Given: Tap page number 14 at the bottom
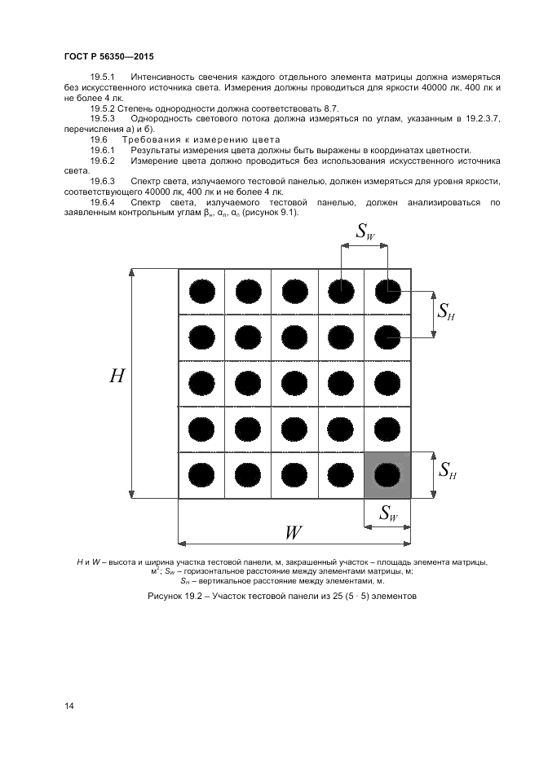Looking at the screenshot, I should click(68, 706).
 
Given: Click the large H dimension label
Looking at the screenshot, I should click(117, 377).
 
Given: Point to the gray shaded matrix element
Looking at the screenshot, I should click(387, 474).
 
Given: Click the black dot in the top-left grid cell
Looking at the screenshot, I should click(201, 289).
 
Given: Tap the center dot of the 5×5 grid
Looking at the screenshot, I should click(294, 381).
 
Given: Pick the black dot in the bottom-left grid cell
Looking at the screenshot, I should click(201, 474).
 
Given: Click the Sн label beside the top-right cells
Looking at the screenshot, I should click(445, 311).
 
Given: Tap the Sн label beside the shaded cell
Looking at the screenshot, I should click(446, 470).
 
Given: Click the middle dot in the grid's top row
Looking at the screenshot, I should click(294, 289).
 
